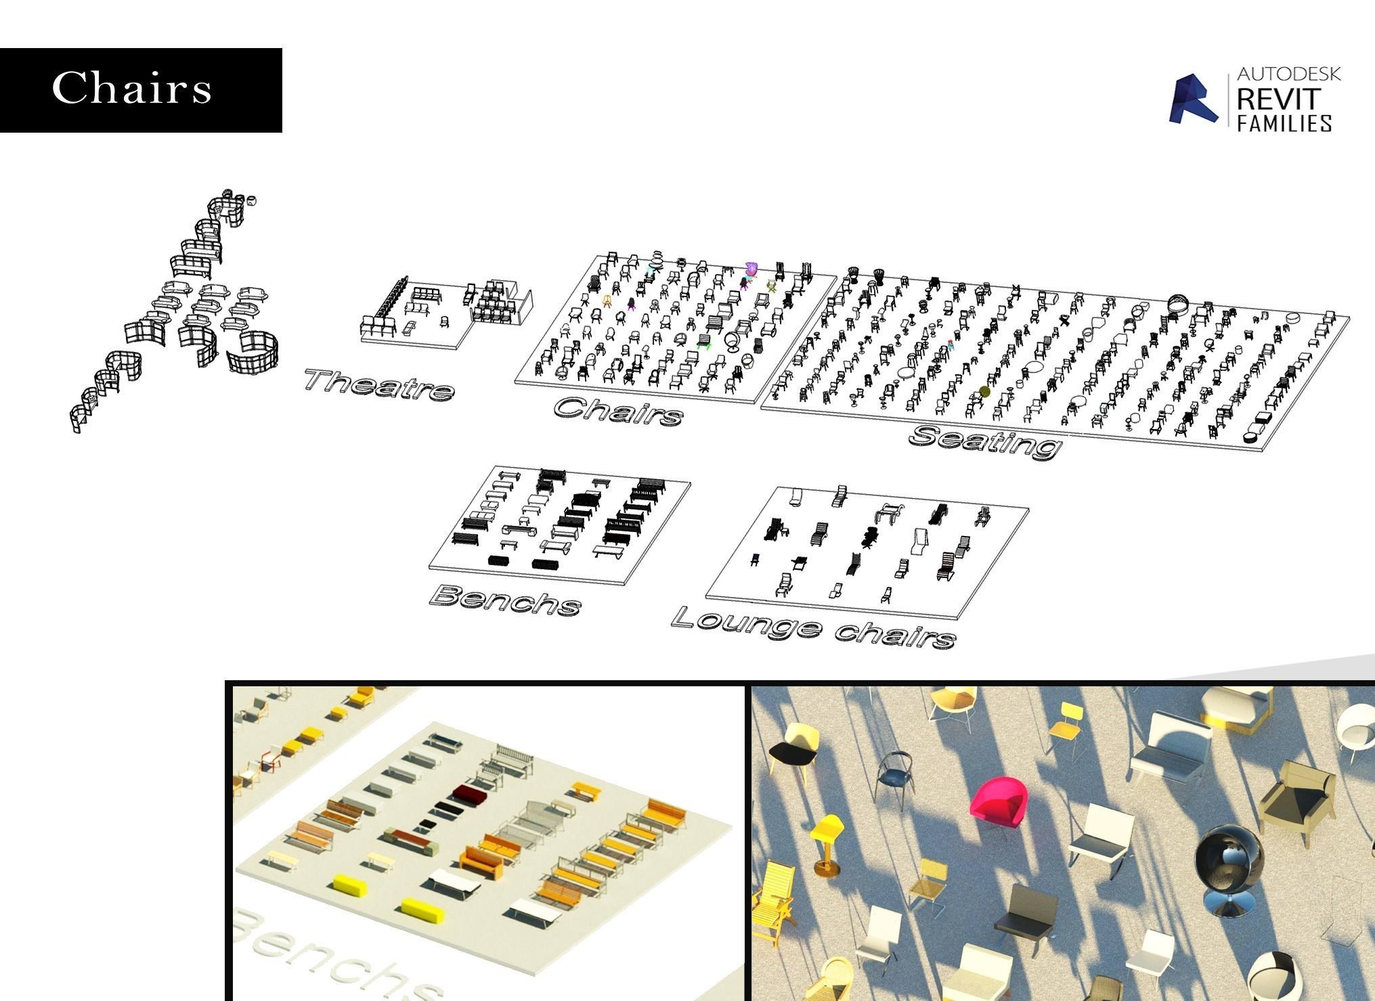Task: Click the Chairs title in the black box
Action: [132, 89]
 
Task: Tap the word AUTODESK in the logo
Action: [1288, 74]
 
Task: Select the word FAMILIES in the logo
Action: [1284, 123]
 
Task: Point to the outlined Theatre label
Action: [378, 384]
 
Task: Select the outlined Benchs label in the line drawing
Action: [505, 600]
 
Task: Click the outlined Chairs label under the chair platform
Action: [618, 410]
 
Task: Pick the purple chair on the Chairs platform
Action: [750, 269]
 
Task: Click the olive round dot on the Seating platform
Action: [984, 391]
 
